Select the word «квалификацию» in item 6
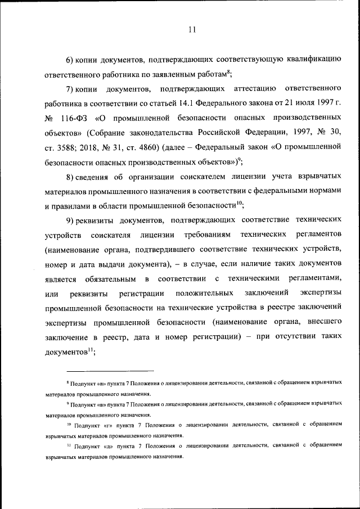tap(310, 60)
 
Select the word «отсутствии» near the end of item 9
tap(295, 337)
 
